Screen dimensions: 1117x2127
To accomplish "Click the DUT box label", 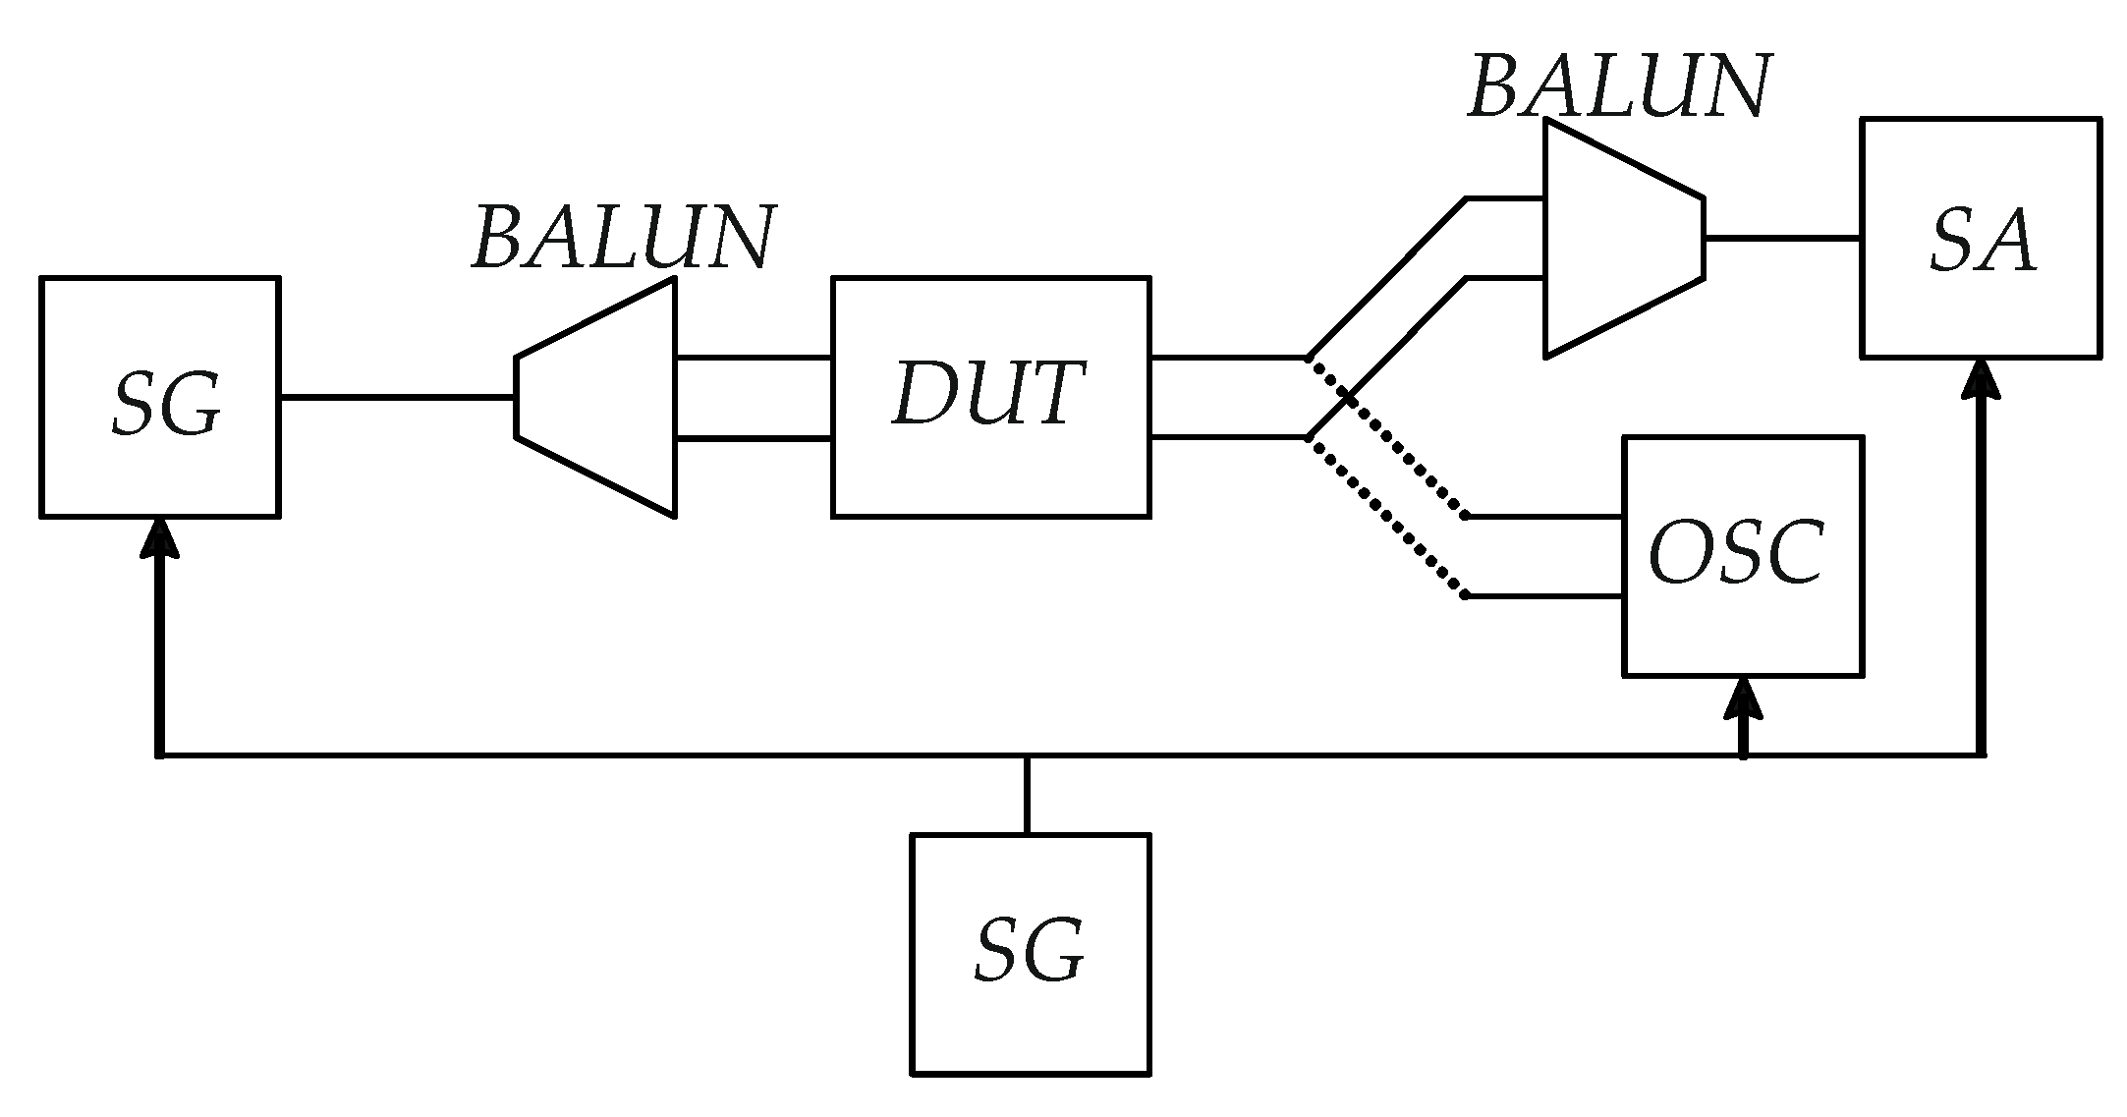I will click(x=989, y=395).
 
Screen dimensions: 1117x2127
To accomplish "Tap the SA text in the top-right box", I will click(x=1981, y=242).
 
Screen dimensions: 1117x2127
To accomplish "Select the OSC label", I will click(x=1737, y=553).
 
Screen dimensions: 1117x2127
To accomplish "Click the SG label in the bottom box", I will click(x=1030, y=952).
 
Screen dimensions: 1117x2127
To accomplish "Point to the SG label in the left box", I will click(x=164, y=406).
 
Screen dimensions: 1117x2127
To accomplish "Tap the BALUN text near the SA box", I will click(x=1619, y=88).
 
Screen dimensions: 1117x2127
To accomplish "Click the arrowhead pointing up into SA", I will click(x=1981, y=379).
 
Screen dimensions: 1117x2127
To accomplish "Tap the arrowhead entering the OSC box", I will click(x=1744, y=699).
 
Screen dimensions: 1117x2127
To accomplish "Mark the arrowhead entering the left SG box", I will click(x=159, y=538).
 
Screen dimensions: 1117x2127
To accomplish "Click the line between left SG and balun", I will click(x=397, y=397).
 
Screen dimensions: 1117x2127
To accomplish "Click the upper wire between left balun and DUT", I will click(x=754, y=358).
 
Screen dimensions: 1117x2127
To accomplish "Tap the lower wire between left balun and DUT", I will click(x=754, y=437).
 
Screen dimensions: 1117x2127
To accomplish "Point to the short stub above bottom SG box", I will click(x=1027, y=795).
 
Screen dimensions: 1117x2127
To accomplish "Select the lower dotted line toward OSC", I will click(x=1385, y=517).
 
